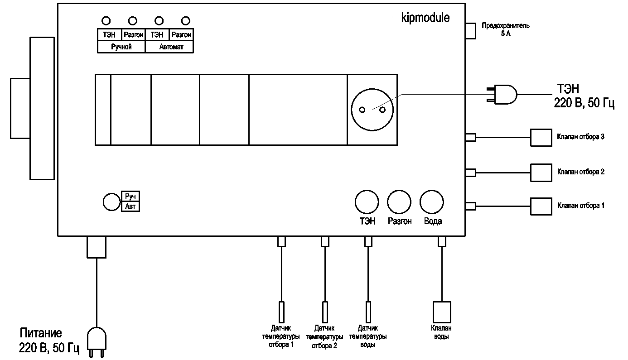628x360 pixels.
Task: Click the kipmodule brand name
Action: (425, 18)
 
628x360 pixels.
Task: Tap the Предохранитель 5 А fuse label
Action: (505, 30)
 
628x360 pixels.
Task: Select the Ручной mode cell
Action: (121, 47)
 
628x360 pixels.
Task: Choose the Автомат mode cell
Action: (169, 47)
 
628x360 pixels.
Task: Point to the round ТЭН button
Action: (367, 202)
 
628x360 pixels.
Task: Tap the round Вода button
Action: (432, 202)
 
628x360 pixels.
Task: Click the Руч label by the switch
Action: (130, 197)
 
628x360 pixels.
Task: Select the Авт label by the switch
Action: (130, 206)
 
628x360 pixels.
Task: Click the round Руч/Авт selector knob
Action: (111, 202)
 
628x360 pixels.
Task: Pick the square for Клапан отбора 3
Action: (541, 137)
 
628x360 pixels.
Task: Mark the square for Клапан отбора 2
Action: (541, 172)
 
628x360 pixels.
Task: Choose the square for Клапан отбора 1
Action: (541, 206)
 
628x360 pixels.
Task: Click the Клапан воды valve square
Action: (442, 312)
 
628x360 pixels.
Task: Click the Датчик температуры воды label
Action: (369, 336)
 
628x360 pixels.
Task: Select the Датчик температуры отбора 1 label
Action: (281, 336)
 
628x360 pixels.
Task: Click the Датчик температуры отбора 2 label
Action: (324, 336)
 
